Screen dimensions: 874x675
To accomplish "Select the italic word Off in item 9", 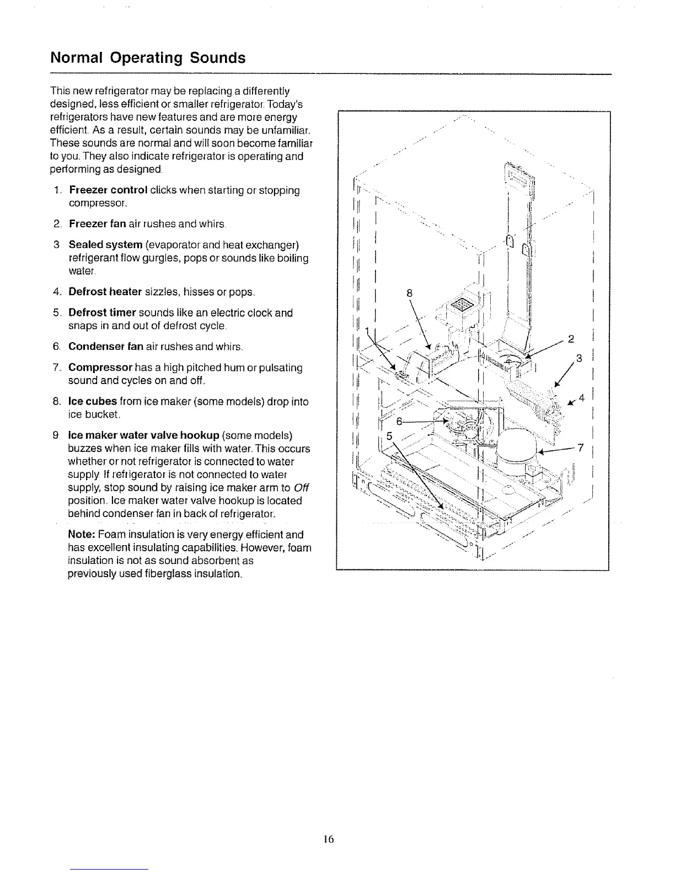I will [x=301, y=488].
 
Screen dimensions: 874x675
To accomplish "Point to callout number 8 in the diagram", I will [x=409, y=294].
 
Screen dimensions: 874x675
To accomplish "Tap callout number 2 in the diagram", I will [x=571, y=338].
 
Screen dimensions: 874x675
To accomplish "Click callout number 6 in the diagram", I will [x=401, y=422].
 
